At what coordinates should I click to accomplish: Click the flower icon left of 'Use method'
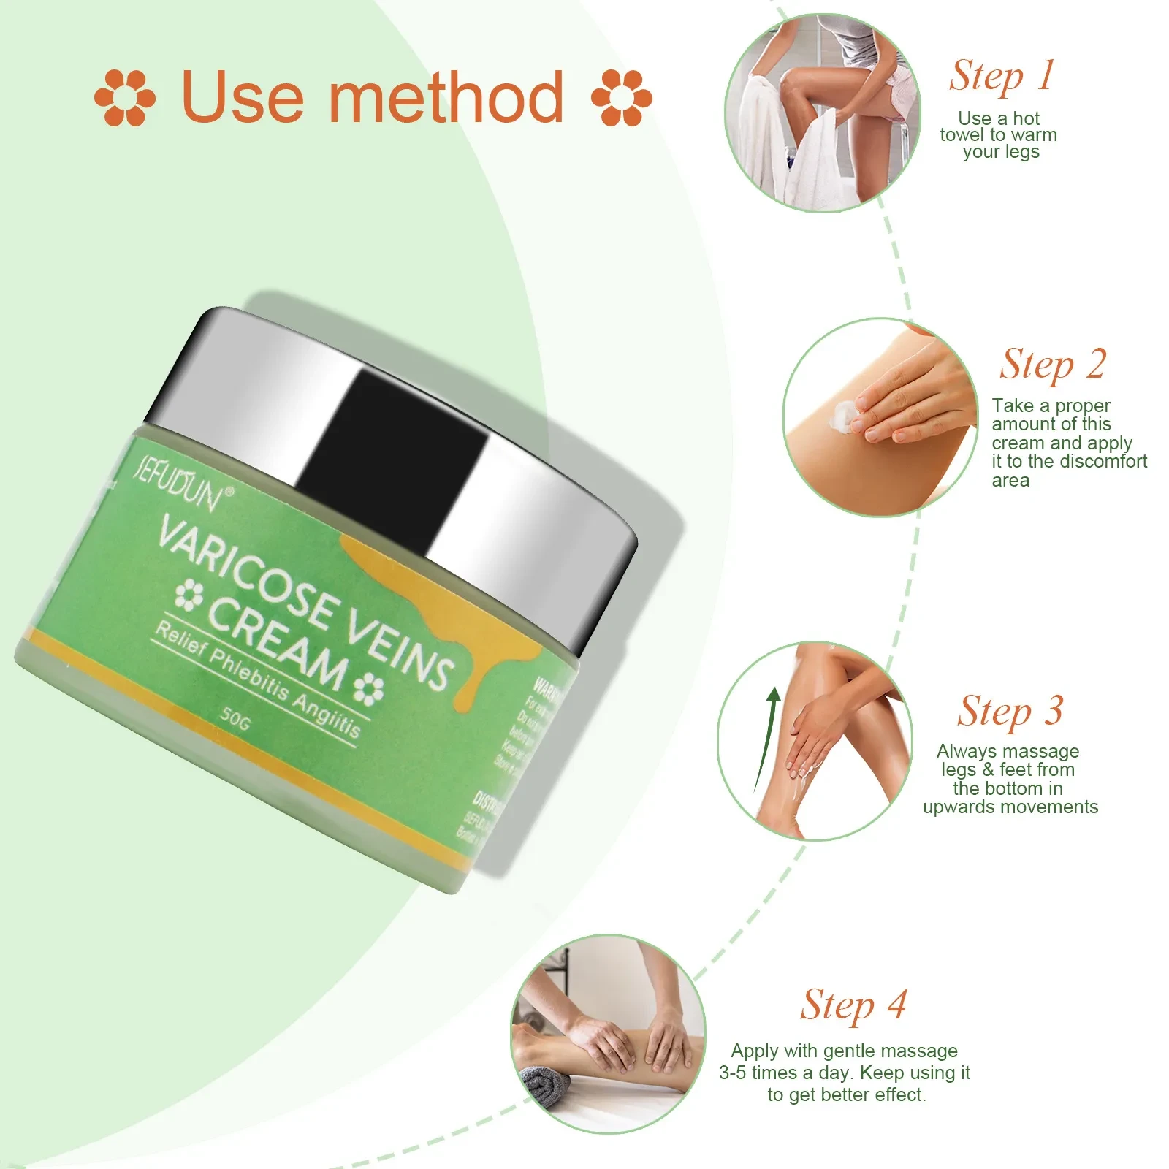[125, 97]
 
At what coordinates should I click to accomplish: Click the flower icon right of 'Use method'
[621, 97]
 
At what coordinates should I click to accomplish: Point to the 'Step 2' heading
[1053, 365]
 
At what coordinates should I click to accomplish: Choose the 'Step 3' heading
[1010, 711]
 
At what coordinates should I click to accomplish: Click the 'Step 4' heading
[853, 1005]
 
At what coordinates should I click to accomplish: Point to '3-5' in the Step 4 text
[734, 1073]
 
